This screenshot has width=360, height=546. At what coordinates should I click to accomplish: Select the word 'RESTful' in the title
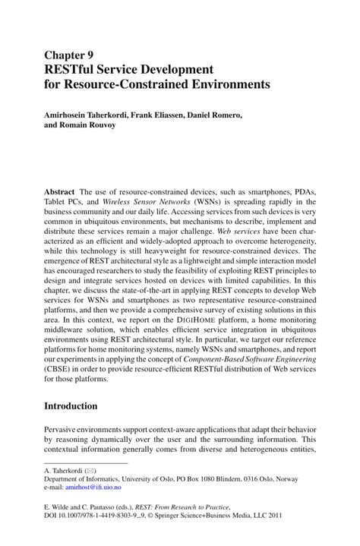coord(72,69)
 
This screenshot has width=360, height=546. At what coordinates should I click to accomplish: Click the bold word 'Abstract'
coord(60,193)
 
